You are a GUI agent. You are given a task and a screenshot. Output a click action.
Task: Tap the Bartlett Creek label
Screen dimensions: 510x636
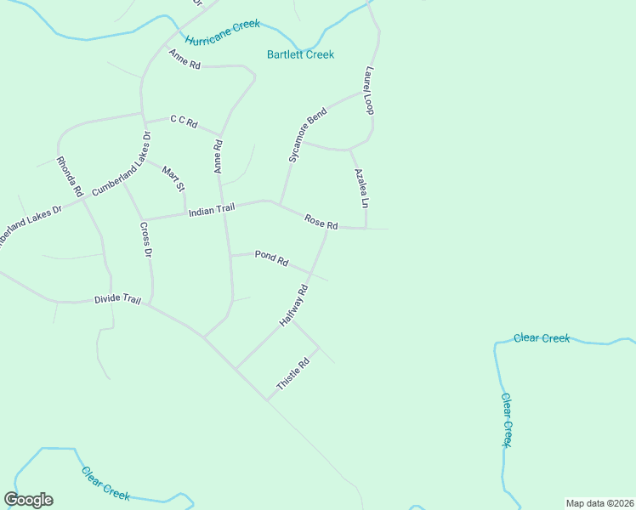(x=301, y=54)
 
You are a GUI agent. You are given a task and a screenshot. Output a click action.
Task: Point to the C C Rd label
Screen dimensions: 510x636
(x=184, y=122)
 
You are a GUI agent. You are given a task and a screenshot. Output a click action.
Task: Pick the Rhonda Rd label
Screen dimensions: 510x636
(x=69, y=177)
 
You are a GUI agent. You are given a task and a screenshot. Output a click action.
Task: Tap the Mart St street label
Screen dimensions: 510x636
(x=173, y=180)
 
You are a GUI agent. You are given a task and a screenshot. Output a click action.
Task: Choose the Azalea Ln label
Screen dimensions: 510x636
(x=361, y=188)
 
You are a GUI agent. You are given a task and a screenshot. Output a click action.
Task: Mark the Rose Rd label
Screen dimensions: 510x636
(x=321, y=221)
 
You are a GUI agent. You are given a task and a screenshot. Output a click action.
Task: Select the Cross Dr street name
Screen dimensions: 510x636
(x=145, y=240)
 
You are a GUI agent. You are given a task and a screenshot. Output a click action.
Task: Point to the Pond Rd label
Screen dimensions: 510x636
(x=271, y=258)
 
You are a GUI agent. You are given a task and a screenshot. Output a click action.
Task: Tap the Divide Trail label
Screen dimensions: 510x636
(x=117, y=300)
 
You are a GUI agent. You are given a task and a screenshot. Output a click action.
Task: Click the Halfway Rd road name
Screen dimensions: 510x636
(x=293, y=306)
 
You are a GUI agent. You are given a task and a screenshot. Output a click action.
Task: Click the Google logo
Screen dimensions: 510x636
(x=28, y=500)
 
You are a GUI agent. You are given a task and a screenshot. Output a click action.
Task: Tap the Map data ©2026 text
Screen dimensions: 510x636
(x=599, y=503)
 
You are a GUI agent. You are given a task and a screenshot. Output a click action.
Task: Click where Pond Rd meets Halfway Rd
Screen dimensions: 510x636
(x=311, y=273)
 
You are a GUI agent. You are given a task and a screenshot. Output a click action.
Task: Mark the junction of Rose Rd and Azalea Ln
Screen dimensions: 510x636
(x=366, y=228)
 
